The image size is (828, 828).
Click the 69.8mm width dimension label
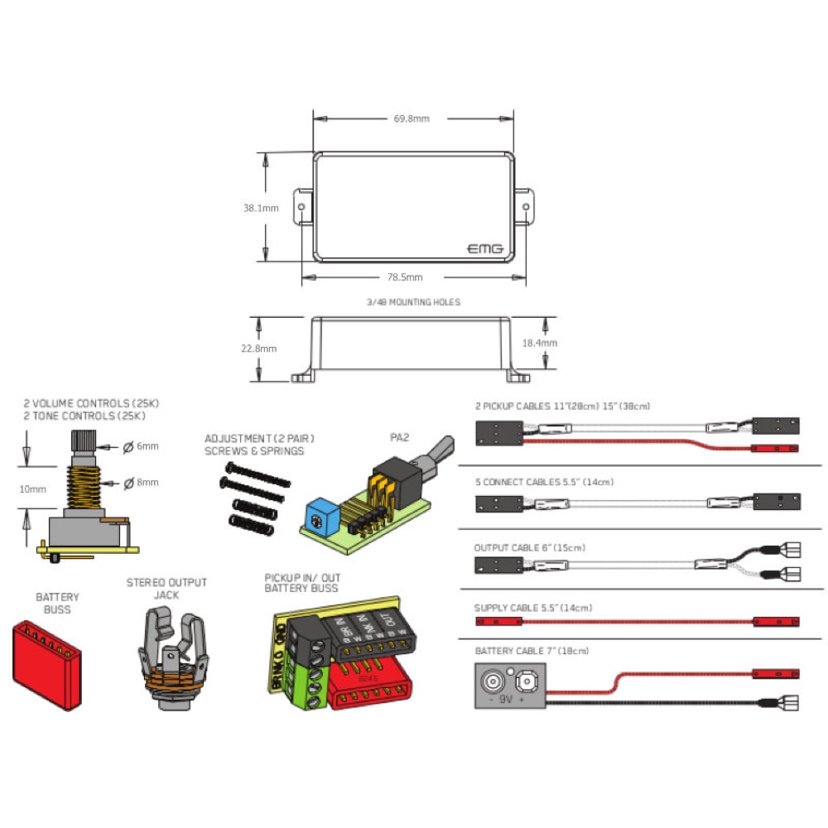coord(412,118)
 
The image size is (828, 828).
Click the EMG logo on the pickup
coord(486,248)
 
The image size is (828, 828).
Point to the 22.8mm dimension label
coord(258,349)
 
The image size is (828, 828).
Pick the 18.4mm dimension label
coord(540,342)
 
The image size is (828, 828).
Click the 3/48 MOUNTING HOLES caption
coord(413,302)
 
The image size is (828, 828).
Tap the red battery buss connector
coord(47,665)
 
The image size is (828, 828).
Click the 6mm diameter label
coord(147,446)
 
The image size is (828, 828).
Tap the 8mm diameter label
coord(147,482)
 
